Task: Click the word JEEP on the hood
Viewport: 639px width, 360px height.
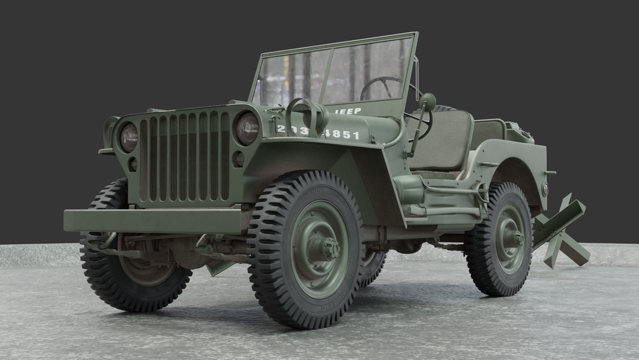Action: [348, 111]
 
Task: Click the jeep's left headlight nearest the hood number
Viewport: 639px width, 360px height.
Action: [247, 128]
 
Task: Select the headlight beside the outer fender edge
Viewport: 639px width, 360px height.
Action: [128, 137]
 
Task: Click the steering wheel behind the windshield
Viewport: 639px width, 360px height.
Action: [382, 88]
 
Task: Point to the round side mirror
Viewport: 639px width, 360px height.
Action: [427, 101]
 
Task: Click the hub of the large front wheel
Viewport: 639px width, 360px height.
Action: [324, 248]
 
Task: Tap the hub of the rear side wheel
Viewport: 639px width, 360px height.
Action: [512, 239]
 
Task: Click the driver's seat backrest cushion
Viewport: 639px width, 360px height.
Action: [440, 140]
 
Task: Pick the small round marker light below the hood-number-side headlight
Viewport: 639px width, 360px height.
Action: [238, 159]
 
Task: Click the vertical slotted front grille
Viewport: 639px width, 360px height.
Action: [184, 157]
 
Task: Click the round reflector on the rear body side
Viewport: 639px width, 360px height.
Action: [545, 189]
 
